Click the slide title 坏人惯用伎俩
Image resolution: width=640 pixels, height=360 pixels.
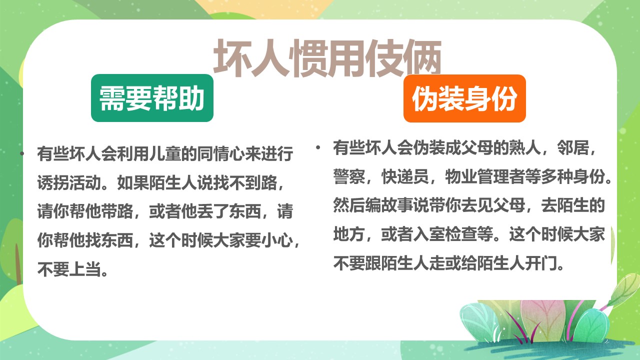tap(327, 58)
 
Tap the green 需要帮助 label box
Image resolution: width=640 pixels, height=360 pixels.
tap(152, 98)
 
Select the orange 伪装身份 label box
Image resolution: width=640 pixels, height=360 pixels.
tap(464, 98)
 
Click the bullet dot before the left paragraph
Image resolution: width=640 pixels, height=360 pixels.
tap(21, 153)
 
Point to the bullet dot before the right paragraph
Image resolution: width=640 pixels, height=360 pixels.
tap(317, 148)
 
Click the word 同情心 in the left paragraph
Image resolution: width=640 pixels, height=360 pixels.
tap(221, 154)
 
